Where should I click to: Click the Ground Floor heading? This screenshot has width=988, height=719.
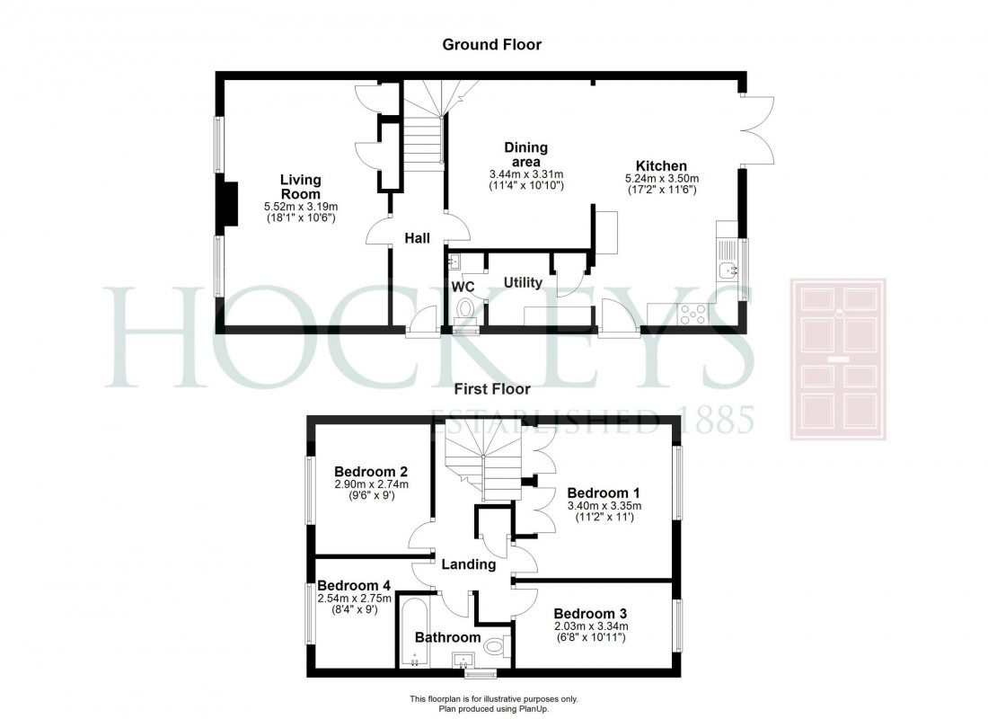coord(493,44)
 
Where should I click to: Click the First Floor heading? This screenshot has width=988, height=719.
coord(493,389)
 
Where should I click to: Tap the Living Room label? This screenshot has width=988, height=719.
coord(300,187)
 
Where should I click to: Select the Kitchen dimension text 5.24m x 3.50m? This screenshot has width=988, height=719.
coord(662,179)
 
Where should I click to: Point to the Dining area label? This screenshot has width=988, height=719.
coord(525,154)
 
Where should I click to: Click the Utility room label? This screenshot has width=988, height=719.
coord(522,283)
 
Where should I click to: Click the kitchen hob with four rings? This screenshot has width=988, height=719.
coord(694,314)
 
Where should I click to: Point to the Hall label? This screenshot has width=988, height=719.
coord(416,238)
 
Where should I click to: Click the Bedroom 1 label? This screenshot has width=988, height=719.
coord(604,493)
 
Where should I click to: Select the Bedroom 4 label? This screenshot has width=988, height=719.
coord(348,584)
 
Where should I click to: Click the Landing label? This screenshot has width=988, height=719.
coord(468,564)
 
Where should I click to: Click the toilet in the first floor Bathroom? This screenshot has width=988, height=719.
coord(497,644)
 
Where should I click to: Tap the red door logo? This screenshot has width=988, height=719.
coord(837,359)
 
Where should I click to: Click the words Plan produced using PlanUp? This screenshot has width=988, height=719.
coord(493,708)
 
